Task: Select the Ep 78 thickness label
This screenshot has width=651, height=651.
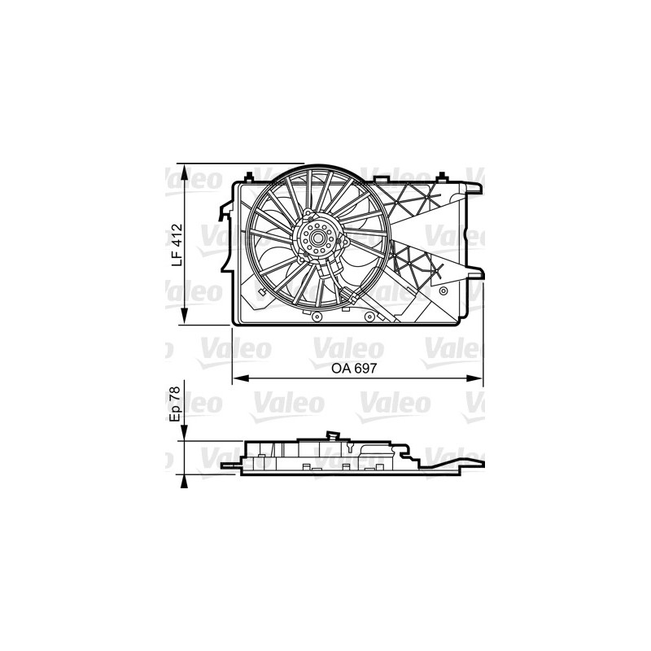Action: (174, 402)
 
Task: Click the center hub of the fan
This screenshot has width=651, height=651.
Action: (314, 238)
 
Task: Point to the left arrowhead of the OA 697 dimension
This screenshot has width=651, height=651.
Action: (238, 378)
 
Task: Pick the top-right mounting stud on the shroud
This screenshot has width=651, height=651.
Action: (441, 176)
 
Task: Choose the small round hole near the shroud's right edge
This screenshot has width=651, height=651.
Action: (442, 291)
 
